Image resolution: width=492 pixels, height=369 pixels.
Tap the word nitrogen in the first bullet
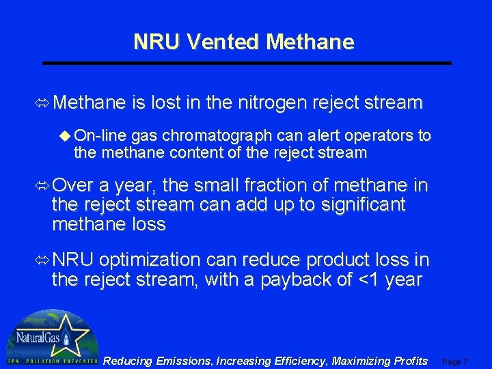(272, 103)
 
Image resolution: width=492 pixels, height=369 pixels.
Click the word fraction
(273, 185)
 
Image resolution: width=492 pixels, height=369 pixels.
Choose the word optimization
(150, 260)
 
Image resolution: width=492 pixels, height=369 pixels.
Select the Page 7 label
(456, 361)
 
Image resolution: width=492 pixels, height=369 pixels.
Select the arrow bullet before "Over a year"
(43, 186)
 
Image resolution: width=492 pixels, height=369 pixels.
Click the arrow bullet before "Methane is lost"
(43, 104)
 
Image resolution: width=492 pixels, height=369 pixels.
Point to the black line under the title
(247, 63)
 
